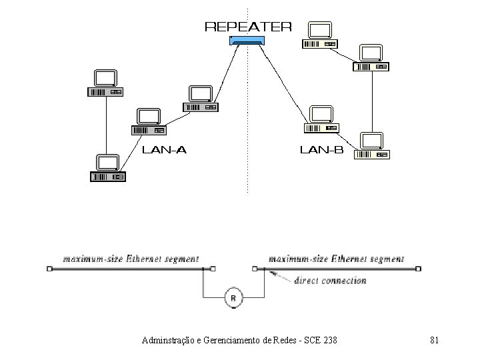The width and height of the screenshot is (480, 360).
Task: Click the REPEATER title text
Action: [247, 27]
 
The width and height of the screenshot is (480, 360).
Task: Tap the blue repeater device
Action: [247, 41]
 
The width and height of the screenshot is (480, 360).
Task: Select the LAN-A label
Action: [165, 150]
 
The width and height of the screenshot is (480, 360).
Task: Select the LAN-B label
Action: [322, 150]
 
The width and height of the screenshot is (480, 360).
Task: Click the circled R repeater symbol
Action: [233, 298]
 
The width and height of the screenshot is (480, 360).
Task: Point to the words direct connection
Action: [330, 281]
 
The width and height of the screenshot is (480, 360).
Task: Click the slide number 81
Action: [434, 341]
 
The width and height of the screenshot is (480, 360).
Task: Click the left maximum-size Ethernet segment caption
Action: [131, 258]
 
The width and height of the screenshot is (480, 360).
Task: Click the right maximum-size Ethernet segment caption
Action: [336, 258]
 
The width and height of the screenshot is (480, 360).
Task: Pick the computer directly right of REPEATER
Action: [320, 35]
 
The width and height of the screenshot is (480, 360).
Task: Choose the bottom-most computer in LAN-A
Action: [107, 168]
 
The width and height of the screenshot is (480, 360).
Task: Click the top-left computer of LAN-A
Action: [106, 83]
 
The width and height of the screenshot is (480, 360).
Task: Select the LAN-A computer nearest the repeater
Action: [200, 98]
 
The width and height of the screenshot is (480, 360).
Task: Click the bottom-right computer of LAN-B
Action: [372, 146]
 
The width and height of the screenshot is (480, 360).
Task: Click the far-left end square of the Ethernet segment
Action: [49, 269]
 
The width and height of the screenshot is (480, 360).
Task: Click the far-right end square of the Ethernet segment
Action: [419, 269]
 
